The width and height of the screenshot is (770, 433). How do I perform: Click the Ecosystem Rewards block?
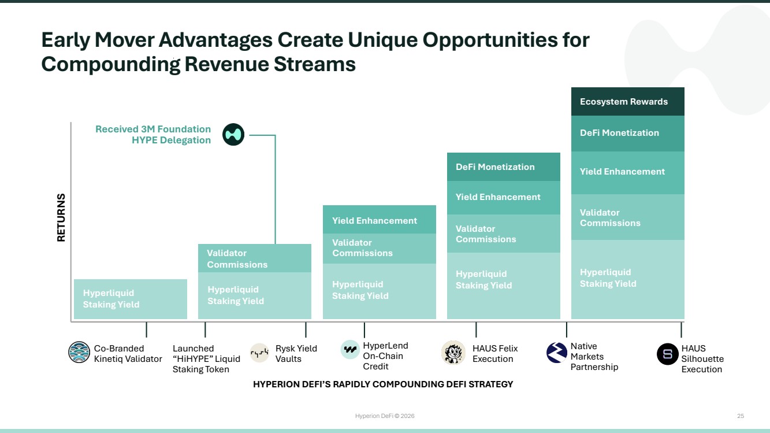(x=628, y=102)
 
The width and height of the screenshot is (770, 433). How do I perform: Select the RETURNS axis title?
(x=61, y=217)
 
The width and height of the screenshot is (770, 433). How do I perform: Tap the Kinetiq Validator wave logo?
(x=79, y=352)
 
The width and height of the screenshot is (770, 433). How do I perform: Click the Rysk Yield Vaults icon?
(x=259, y=353)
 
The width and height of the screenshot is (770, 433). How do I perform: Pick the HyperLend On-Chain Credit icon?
(x=350, y=350)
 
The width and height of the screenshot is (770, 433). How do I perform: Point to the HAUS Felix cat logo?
(x=453, y=353)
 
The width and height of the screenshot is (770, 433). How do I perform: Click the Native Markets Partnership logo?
(x=556, y=353)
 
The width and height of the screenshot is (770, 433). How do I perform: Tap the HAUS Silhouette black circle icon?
(x=668, y=354)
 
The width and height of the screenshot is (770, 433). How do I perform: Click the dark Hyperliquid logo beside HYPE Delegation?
(x=233, y=135)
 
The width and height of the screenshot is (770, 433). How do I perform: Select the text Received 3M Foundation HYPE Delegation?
(x=153, y=135)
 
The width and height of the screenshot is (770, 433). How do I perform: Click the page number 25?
(x=741, y=416)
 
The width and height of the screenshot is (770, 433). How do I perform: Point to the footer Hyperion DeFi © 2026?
(x=385, y=416)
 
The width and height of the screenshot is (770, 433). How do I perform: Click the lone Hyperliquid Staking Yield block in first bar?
(x=131, y=299)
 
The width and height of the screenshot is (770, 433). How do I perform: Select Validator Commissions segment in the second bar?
(x=255, y=258)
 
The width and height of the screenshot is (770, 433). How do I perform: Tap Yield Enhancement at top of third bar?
(x=380, y=220)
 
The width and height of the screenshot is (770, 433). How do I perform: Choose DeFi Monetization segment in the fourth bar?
(x=504, y=167)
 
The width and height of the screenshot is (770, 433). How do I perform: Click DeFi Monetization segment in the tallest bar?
(x=628, y=134)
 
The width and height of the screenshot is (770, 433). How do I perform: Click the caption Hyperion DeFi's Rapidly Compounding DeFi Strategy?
(x=383, y=384)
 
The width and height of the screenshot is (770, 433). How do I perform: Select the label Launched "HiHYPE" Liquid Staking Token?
(x=206, y=358)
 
